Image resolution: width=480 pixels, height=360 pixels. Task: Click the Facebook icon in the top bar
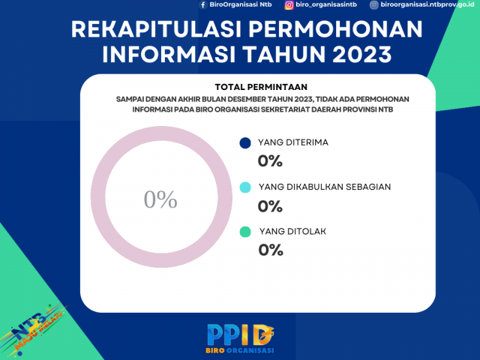[202, 4]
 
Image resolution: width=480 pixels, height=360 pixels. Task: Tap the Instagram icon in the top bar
[289, 4]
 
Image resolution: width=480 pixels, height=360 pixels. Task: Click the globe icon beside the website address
[374, 4]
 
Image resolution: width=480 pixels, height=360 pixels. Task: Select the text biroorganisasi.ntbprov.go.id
[428, 4]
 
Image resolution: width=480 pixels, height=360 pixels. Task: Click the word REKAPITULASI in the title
[154, 30]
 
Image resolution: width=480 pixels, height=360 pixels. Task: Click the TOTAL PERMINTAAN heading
[261, 86]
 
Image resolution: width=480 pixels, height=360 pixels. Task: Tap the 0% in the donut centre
[160, 199]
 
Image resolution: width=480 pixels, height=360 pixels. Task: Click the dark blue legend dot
[244, 143]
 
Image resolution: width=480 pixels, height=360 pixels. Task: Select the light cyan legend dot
[244, 187]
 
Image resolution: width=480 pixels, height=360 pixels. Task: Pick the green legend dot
[244, 232]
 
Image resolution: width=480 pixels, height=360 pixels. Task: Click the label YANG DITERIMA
[293, 142]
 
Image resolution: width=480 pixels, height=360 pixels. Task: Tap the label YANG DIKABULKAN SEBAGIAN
[323, 187]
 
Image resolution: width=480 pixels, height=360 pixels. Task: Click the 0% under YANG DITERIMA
[270, 160]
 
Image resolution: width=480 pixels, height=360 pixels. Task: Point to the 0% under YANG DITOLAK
[270, 250]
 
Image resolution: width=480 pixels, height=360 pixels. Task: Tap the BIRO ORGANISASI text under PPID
[240, 350]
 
